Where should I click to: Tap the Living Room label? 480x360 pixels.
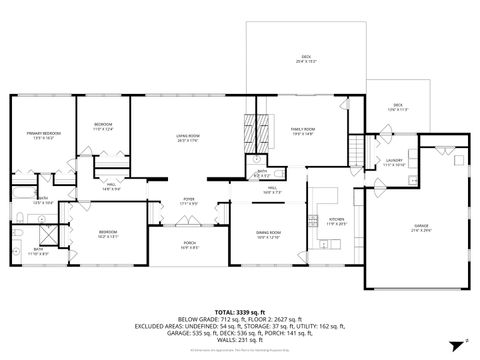[x=181, y=141]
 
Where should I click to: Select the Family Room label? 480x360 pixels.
[x=303, y=130]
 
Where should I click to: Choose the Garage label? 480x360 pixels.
[x=420, y=229]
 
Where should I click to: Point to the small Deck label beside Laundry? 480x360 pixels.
[x=397, y=106]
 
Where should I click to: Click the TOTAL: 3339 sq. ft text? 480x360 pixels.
[x=240, y=311]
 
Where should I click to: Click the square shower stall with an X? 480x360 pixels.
[x=18, y=236]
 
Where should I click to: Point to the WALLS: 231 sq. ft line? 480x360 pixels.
[x=240, y=341]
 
